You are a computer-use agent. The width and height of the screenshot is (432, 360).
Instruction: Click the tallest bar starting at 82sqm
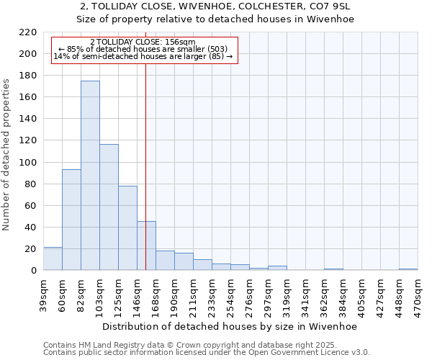(x=90, y=176)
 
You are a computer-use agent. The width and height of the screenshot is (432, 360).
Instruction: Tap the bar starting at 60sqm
(x=71, y=220)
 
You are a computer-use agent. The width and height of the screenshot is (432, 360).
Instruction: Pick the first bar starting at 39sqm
(x=53, y=258)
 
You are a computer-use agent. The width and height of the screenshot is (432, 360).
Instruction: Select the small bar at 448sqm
(x=408, y=269)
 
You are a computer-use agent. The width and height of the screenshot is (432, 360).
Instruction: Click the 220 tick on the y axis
(x=29, y=32)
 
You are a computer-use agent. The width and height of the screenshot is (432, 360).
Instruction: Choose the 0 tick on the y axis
(x=33, y=271)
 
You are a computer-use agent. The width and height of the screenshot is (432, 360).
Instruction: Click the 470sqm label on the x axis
(x=418, y=295)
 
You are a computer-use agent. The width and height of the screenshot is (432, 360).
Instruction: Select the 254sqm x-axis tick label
(x=230, y=295)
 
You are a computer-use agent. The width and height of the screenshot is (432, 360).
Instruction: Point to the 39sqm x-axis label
(x=44, y=295)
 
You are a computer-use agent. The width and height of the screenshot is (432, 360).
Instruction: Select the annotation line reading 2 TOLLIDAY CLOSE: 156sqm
(x=143, y=42)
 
